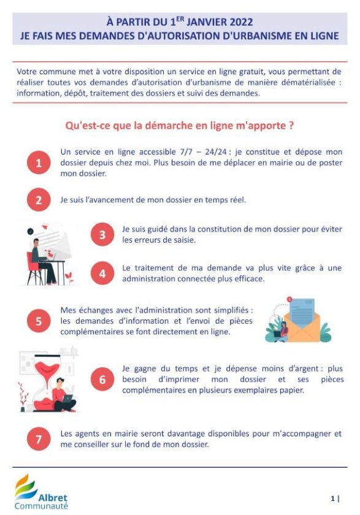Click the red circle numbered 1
(39, 162)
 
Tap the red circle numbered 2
(39, 200)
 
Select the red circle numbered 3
(102, 234)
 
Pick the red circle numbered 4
(102, 273)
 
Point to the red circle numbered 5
(39, 321)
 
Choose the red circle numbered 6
(102, 380)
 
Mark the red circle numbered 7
(39, 439)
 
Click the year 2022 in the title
(241, 22)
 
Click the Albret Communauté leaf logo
(25, 486)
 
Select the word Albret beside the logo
(53, 498)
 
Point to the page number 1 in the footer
(333, 498)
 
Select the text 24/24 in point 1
(216, 152)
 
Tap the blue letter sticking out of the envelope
(302, 312)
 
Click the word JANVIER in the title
(207, 22)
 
